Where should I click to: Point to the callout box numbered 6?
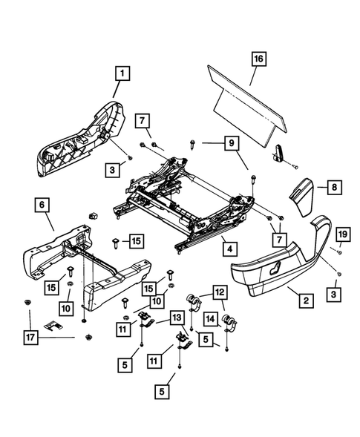[x=42, y=204]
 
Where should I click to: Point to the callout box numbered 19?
[x=342, y=235]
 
